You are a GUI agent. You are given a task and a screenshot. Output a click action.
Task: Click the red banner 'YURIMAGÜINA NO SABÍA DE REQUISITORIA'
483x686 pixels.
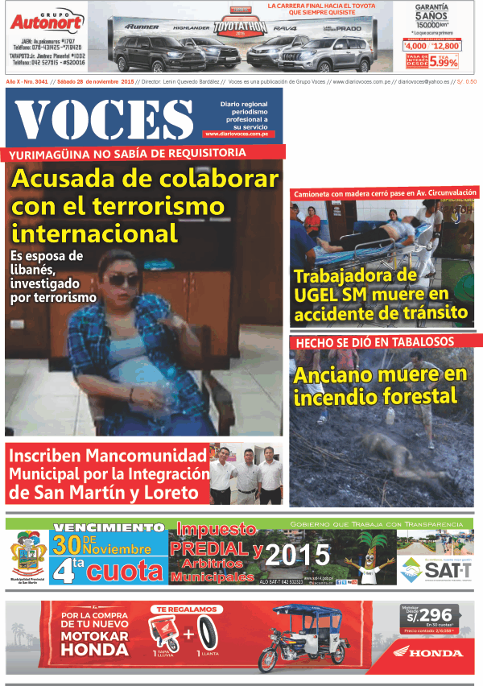pyautogui.click(x=144, y=154)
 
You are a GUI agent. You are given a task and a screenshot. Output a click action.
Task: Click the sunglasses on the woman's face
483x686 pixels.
pyautogui.click(x=122, y=279)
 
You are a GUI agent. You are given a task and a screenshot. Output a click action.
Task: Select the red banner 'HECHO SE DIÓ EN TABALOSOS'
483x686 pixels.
pyautogui.click(x=375, y=342)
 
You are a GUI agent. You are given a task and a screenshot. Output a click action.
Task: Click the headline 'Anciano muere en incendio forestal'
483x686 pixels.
pyautogui.click(x=379, y=386)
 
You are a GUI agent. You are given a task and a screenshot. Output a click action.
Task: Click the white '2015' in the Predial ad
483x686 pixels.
pyautogui.click(x=298, y=555)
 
